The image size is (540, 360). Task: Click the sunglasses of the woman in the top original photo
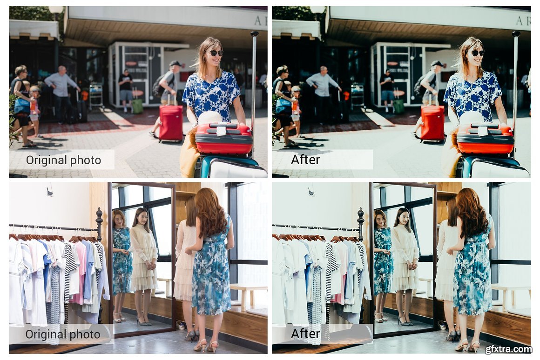pyautogui.click(x=216, y=53)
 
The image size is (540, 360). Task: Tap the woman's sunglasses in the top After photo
pyautogui.click(x=478, y=53)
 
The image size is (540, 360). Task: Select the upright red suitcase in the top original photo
pyautogui.click(x=171, y=123)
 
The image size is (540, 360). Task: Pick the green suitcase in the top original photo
pyautogui.click(x=137, y=106)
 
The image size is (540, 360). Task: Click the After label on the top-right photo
pyautogui.click(x=305, y=160)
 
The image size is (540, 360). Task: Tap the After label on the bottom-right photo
pyautogui.click(x=305, y=334)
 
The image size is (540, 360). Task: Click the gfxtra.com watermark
pyautogui.click(x=508, y=349)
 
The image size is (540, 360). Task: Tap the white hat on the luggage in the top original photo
pyautogui.click(x=210, y=119)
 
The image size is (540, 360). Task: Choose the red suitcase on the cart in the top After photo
pyautogui.click(x=485, y=138)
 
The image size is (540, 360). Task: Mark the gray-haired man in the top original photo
pyautogui.click(x=61, y=93)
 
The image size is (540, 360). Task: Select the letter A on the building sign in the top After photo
pyautogui.click(x=520, y=21)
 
